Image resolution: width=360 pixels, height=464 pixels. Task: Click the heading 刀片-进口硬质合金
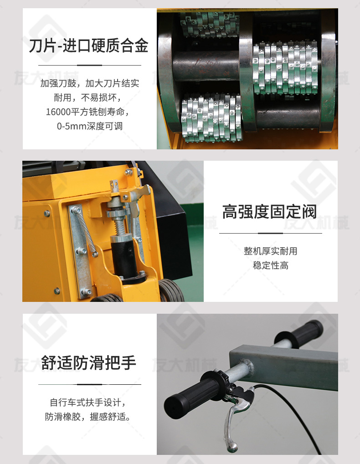88,46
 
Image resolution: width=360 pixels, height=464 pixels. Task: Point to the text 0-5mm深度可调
90,126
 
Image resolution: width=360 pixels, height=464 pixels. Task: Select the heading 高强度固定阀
270,212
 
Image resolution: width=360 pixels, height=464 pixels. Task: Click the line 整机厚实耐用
271,251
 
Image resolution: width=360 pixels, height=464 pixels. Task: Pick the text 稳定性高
271,265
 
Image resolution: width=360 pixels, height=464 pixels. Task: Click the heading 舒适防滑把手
88,362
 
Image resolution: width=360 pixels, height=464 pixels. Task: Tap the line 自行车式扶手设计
88,403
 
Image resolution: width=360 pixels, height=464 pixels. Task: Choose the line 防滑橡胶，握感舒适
88,417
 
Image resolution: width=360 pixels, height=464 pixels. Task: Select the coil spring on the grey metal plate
85,231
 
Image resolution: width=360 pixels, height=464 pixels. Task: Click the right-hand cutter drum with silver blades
285,68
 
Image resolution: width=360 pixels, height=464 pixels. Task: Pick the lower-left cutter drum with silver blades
212,117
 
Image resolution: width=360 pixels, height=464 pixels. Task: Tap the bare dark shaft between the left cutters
206,66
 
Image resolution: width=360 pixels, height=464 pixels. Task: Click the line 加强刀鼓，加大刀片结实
90,83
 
